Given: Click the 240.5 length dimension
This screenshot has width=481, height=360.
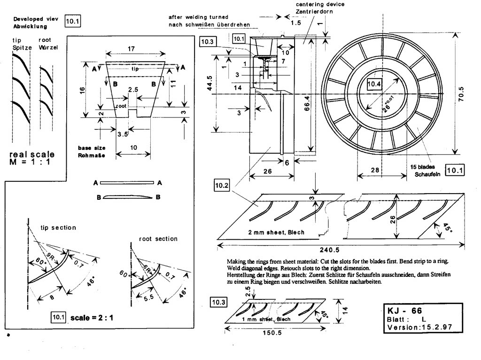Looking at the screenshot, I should point(341,251).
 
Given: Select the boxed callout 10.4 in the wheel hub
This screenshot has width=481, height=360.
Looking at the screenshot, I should point(375,84).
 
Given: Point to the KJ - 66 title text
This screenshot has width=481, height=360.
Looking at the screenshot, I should point(404,311).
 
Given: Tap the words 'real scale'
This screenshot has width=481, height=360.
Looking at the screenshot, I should point(32,154).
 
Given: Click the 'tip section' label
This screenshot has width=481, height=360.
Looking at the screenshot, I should point(59,227).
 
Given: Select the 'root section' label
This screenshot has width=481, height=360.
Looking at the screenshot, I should point(158,239).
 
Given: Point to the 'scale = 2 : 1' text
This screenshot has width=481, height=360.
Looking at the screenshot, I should point(92,318).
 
